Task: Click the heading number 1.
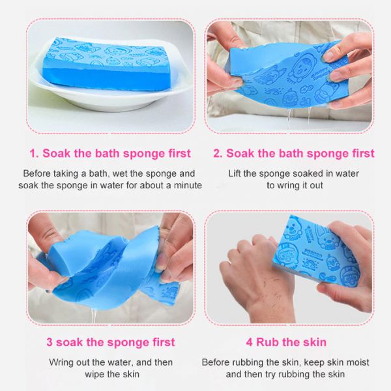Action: (x=33, y=154)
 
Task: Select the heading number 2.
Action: (x=216, y=154)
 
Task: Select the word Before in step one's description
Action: (x=37, y=173)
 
